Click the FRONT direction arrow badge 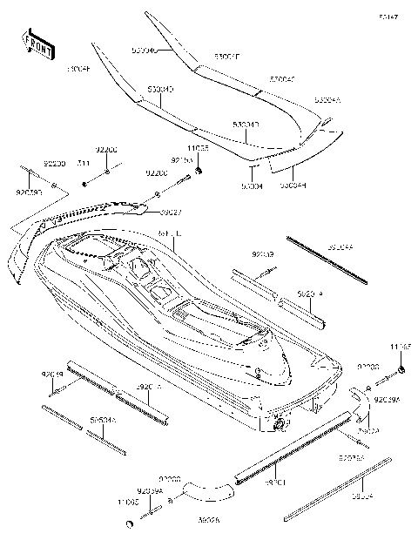click(35, 46)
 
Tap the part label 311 click(83, 163)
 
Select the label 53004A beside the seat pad click(328, 101)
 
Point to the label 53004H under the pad click(292, 185)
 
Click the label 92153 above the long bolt click(180, 161)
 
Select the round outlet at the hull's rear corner click(280, 424)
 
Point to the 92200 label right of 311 click(107, 151)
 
